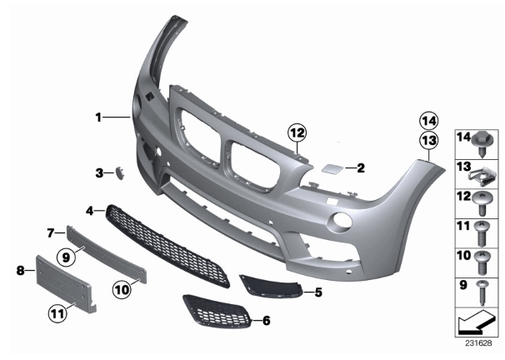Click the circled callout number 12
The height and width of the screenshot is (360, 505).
(x=297, y=132)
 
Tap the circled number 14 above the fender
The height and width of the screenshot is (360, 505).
(x=429, y=122)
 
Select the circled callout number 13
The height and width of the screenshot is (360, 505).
(x=429, y=140)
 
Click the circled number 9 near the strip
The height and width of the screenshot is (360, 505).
(x=66, y=257)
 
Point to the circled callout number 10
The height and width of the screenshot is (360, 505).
(x=122, y=290)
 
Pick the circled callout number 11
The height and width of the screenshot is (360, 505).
(x=58, y=313)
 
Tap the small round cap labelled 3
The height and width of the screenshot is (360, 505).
(x=120, y=173)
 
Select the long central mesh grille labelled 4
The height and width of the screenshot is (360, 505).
(x=167, y=247)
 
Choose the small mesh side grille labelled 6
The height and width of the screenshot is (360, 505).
(x=217, y=312)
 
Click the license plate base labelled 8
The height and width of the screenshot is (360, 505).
(x=66, y=284)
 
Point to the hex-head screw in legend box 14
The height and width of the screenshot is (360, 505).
(x=482, y=144)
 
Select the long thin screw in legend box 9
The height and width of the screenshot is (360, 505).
(x=482, y=292)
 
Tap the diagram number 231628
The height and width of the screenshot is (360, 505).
(x=478, y=343)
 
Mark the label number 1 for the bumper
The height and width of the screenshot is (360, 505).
(x=98, y=117)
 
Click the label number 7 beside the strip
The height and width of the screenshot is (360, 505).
(x=51, y=232)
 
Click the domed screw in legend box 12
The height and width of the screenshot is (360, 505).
(x=482, y=203)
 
